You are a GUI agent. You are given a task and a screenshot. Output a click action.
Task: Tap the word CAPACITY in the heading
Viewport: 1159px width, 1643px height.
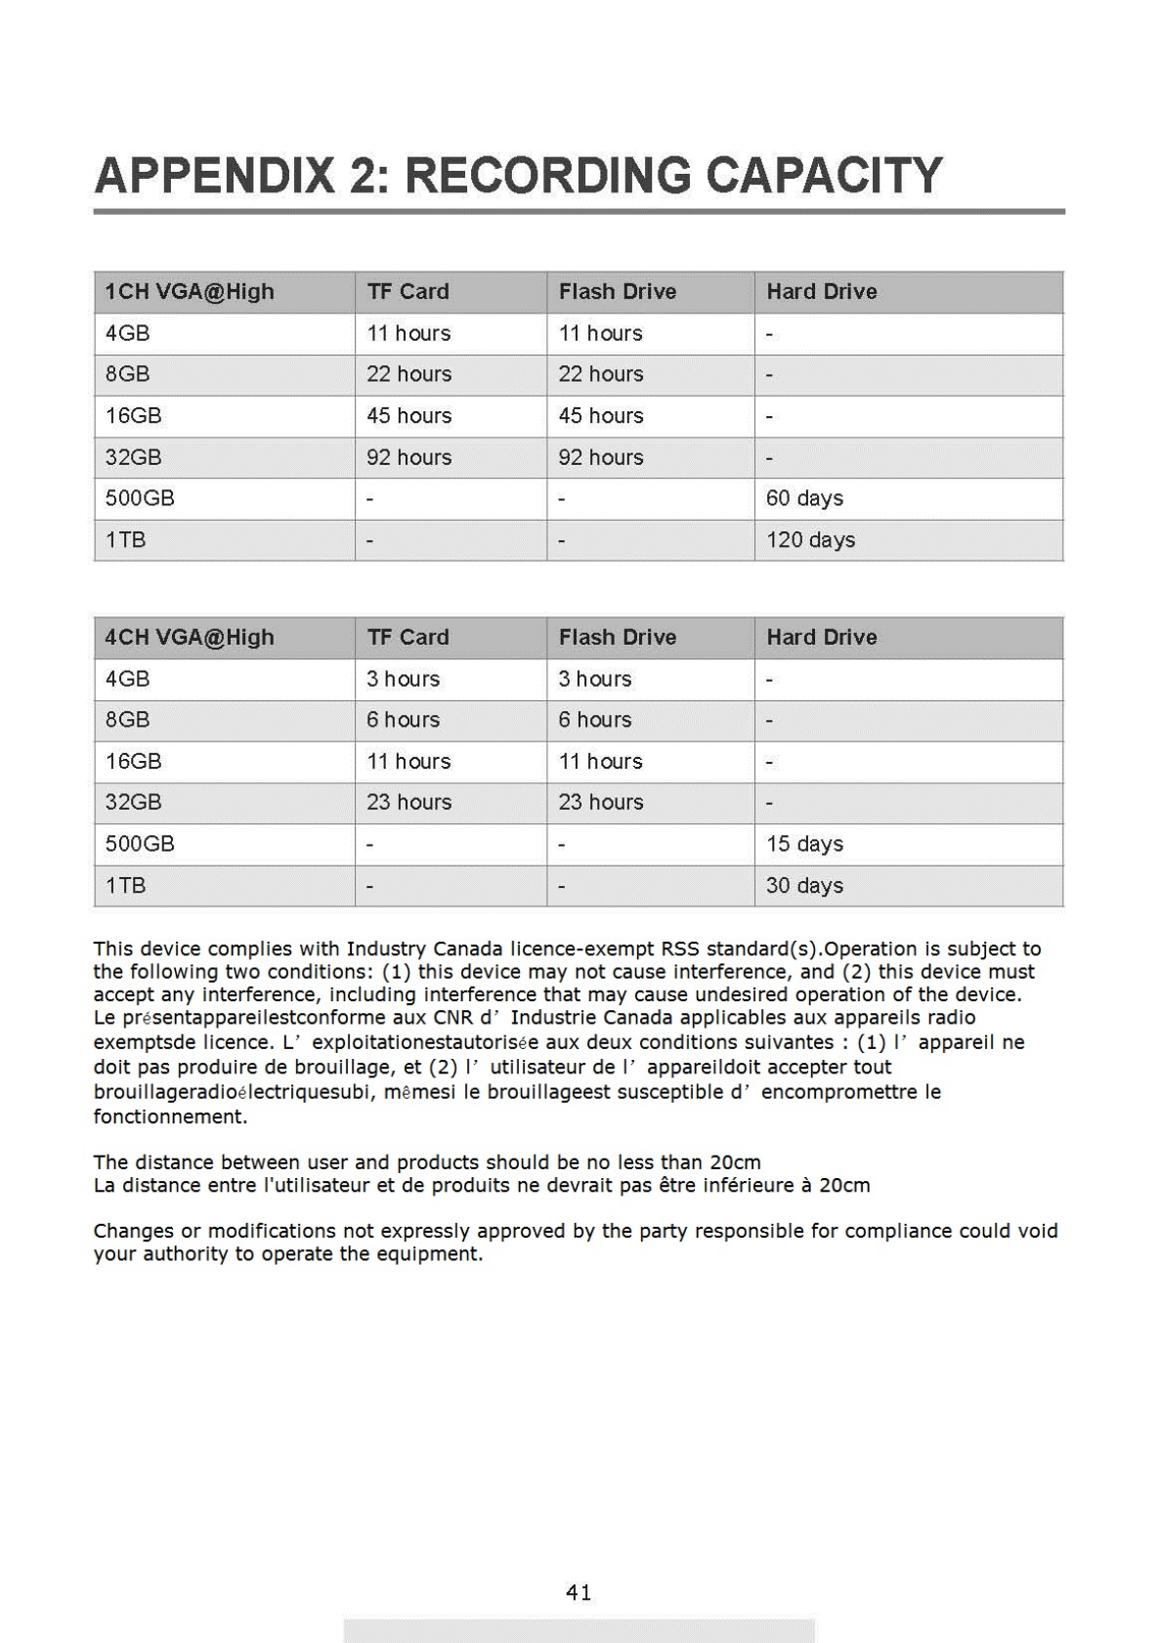[823, 177]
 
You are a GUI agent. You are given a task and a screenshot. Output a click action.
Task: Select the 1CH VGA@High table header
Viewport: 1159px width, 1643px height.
[190, 292]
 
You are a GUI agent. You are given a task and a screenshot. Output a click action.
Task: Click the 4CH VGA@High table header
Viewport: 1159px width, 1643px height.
[190, 638]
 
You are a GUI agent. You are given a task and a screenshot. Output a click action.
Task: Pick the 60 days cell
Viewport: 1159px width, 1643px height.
[804, 499]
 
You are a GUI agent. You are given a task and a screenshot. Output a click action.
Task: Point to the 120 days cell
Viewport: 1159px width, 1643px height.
[810, 540]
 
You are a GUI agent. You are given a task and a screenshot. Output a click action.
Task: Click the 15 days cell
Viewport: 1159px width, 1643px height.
[804, 844]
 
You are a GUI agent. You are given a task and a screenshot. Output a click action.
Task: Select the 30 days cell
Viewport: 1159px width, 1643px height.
[804, 886]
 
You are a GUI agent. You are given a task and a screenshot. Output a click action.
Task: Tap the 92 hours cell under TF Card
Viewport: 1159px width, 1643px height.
[408, 457]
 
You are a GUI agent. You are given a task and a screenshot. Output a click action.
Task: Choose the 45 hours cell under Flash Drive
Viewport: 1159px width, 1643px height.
[601, 416]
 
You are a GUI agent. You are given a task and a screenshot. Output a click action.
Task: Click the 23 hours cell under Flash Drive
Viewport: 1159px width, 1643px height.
[601, 803]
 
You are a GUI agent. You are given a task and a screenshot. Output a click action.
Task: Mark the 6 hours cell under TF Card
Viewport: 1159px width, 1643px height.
[403, 720]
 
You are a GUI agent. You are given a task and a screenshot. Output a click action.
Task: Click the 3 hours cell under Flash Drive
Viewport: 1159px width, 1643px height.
[595, 679]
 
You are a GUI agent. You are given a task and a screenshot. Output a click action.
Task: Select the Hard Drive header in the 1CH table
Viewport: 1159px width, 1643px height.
[822, 292]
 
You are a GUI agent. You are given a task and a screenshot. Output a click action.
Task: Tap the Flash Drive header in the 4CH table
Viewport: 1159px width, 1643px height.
[618, 638]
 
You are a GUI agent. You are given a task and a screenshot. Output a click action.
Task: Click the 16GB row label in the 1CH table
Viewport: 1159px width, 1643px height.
[134, 416]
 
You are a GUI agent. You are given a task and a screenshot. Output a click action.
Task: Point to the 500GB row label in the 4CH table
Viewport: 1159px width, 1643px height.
[140, 844]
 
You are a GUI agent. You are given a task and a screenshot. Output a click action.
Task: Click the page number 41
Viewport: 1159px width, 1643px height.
[579, 1593]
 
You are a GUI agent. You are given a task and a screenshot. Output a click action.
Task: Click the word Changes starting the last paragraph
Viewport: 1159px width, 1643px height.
[130, 1231]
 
